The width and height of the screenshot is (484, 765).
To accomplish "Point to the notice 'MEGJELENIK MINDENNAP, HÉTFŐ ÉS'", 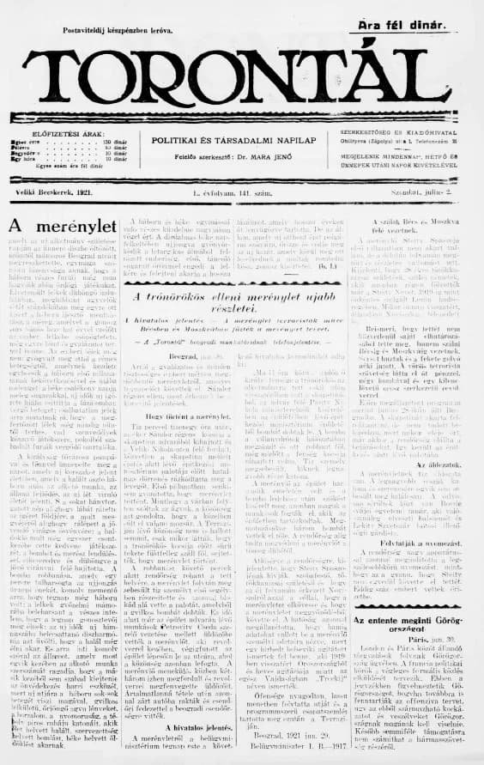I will [407, 158].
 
